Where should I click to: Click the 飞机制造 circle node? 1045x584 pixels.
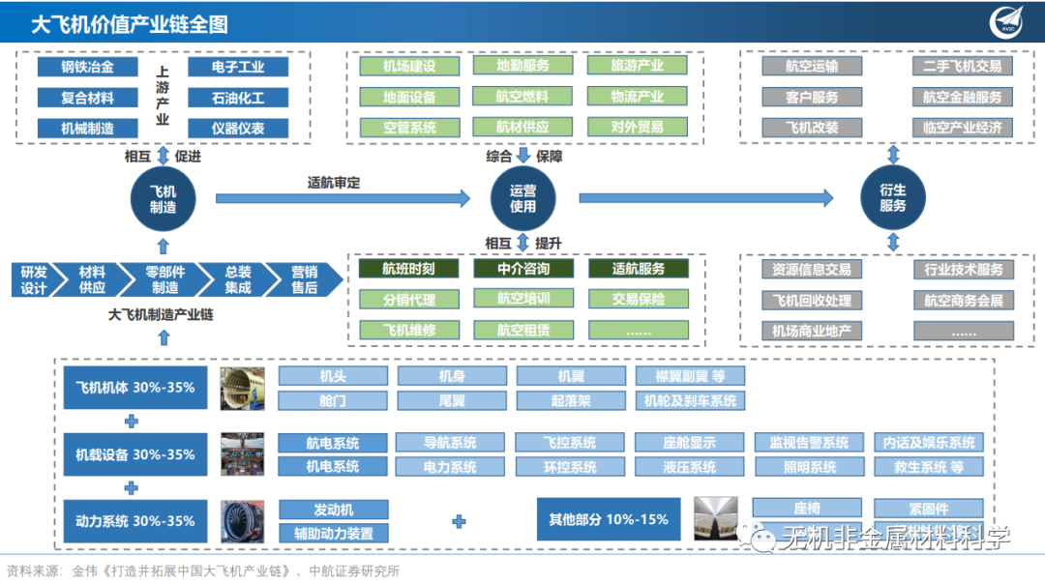pyautogui.click(x=163, y=198)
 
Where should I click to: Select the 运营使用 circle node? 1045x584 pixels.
pyautogui.click(x=522, y=198)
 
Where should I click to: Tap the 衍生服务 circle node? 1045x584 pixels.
pyautogui.click(x=892, y=198)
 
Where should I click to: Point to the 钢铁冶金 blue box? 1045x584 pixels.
pyautogui.click(x=87, y=67)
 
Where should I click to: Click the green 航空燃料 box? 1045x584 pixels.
pyautogui.click(x=522, y=97)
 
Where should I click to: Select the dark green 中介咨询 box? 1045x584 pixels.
pyautogui.click(x=522, y=269)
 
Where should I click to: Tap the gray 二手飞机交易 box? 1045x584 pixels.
pyautogui.click(x=962, y=67)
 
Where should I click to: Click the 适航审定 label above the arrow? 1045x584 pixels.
pyautogui.click(x=334, y=183)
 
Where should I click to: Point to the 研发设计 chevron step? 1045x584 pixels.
pyautogui.click(x=35, y=279)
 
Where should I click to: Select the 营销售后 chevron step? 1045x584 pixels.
pyautogui.click(x=304, y=279)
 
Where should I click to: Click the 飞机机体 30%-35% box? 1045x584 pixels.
pyautogui.click(x=135, y=388)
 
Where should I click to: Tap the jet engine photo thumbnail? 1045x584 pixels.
pyautogui.click(x=242, y=521)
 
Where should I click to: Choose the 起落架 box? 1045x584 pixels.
pyautogui.click(x=570, y=400)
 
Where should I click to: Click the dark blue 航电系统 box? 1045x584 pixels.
pyautogui.click(x=333, y=443)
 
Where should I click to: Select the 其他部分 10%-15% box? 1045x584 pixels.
pyautogui.click(x=610, y=519)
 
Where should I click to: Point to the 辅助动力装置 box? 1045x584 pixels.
pyautogui.click(x=333, y=533)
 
